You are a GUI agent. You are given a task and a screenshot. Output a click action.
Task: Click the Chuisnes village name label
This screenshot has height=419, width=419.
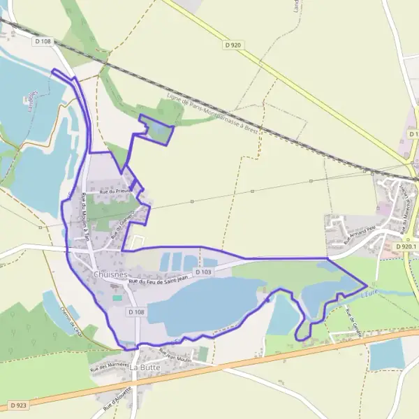click(109, 275)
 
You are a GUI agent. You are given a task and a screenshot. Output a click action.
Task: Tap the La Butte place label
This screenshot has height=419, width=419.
click(145, 367)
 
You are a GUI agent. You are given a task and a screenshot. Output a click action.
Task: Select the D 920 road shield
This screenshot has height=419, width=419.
click(233, 45)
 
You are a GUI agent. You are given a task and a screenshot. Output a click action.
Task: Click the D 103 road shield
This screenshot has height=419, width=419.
click(203, 272)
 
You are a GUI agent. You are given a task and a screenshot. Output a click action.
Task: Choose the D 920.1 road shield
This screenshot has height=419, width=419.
click(405, 247)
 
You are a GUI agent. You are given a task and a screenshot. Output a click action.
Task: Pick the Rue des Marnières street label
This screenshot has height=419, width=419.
click(110, 365)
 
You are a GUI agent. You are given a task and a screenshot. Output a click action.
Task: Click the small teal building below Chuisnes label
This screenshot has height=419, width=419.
click(117, 298)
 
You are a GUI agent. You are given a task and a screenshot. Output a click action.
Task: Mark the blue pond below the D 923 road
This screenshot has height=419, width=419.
click(387, 354)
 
